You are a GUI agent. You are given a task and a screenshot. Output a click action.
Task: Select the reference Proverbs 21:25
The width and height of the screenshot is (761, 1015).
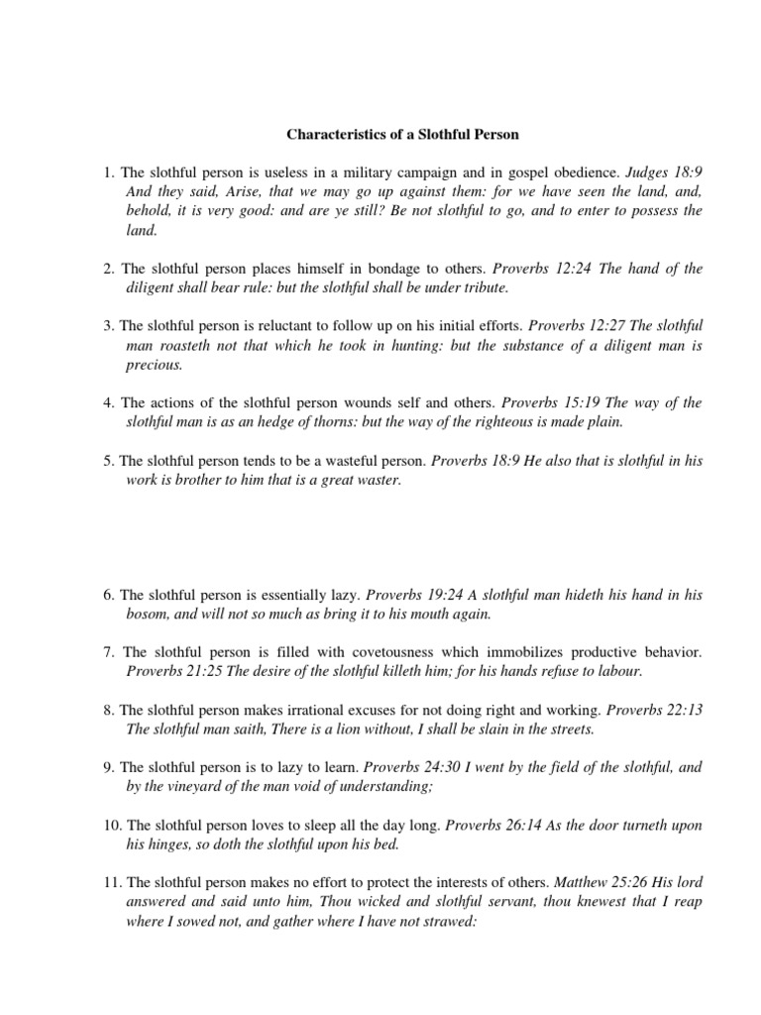coord(168,672)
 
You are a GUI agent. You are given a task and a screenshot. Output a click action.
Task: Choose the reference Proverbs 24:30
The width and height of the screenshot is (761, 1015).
coord(406,767)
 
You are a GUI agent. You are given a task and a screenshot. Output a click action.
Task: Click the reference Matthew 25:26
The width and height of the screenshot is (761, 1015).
coord(598,881)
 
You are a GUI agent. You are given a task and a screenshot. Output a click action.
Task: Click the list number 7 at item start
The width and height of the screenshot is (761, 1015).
coord(109,653)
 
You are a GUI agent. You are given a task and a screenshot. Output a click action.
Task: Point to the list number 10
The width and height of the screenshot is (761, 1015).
coord(112,825)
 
